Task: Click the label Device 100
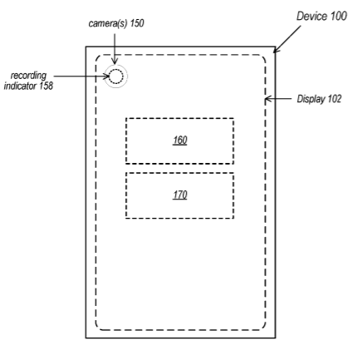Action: tap(321, 17)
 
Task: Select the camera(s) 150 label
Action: tap(116, 23)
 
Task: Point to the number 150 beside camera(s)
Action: tap(137, 23)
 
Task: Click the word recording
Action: tap(28, 76)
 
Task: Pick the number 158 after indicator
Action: tap(46, 86)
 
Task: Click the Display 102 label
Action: tap(319, 99)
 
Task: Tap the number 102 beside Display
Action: tap(335, 99)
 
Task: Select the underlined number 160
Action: tap(180, 141)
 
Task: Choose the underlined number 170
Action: tap(180, 195)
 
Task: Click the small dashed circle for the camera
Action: tap(115, 70)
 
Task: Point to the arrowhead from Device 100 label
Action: tap(276, 50)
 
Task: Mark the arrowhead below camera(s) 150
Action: tap(115, 61)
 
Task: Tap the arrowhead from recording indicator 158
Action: tap(106, 76)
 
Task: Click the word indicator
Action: tap(20, 86)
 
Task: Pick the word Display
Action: tap(311, 99)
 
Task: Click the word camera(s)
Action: tap(108, 23)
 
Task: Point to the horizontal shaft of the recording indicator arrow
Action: tap(81, 76)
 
